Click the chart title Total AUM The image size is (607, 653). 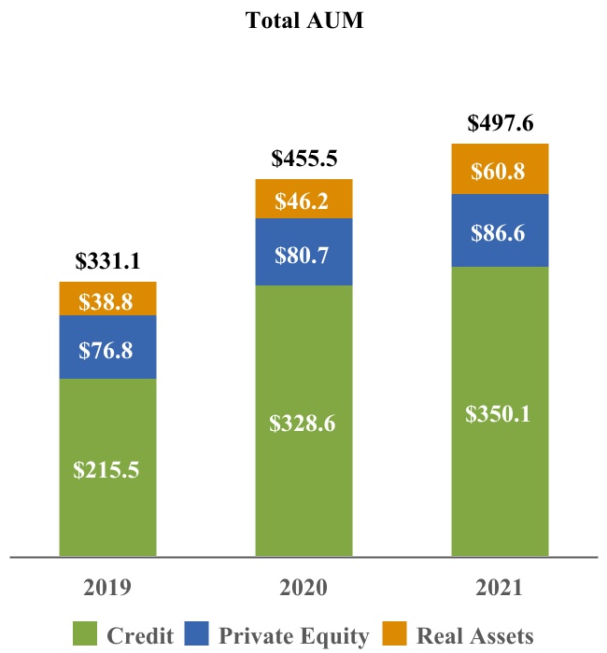304,21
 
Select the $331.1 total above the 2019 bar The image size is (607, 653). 107,261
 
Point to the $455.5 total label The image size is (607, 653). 303,159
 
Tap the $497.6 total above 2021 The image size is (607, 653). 500,123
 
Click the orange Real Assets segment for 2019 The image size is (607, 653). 108,299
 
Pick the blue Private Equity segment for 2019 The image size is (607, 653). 108,347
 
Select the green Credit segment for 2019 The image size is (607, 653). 108,467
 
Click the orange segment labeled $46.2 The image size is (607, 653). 303,199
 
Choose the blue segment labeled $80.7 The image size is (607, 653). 303,252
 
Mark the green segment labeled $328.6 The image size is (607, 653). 303,421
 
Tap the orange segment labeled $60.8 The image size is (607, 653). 500,169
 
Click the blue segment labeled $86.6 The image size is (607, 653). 500,230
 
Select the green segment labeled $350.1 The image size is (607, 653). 500,412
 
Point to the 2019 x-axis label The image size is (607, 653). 107,588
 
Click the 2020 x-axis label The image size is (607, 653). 303,588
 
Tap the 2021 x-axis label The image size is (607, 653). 499,588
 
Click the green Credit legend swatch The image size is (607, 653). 85,633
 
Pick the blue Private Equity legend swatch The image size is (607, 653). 196,633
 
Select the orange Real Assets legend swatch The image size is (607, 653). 394,633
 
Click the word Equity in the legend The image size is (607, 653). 334,636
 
